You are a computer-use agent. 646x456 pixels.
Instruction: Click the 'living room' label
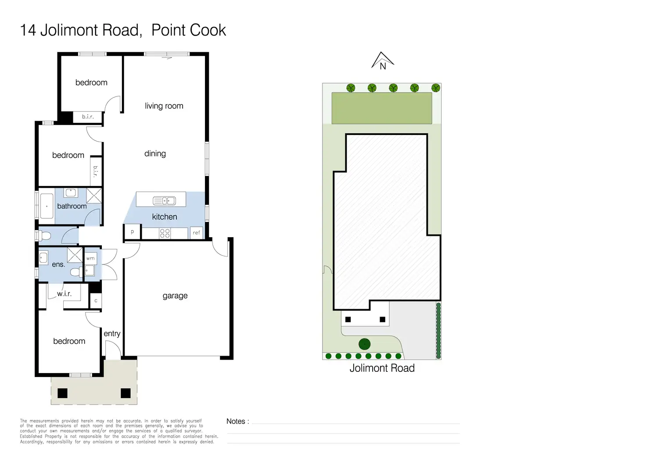tap(164, 106)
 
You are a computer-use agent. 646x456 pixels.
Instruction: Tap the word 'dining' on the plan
tap(155, 153)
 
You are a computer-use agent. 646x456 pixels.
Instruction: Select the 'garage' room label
tap(175, 296)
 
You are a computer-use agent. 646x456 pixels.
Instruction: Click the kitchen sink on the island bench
tap(164, 201)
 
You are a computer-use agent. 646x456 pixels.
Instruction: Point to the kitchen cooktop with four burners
tap(165, 233)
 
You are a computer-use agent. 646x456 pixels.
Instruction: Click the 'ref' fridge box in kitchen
tap(196, 233)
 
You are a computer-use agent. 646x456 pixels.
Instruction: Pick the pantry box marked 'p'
tap(132, 232)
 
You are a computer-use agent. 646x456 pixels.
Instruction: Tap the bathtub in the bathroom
tap(47, 206)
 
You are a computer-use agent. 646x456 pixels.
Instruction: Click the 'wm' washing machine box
tap(90, 258)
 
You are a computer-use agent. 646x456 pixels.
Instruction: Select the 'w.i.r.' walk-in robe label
tap(64, 294)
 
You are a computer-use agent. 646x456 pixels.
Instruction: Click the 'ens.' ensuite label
tap(58, 264)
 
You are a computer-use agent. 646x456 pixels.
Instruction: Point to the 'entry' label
tap(112, 334)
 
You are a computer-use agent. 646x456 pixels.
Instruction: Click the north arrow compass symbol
tap(383, 61)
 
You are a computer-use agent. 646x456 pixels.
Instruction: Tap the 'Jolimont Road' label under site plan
tap(382, 368)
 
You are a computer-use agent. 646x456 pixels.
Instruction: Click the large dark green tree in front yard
tap(364, 344)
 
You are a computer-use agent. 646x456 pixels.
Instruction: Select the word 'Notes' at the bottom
tap(236, 421)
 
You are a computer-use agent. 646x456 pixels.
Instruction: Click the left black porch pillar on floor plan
tap(62, 393)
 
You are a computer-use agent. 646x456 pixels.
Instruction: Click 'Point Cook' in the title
tap(189, 30)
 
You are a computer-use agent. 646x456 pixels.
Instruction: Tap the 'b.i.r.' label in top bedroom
tap(88, 117)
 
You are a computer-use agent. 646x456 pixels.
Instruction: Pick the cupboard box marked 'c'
tap(96, 301)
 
